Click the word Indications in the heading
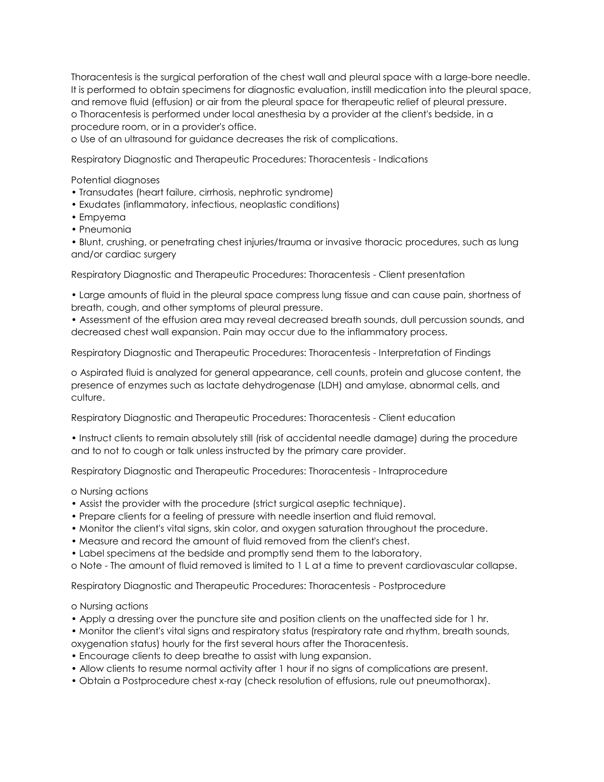pyautogui.click(x=403, y=159)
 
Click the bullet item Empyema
pyautogui.click(x=102, y=217)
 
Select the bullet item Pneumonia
pyautogui.click(x=105, y=230)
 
